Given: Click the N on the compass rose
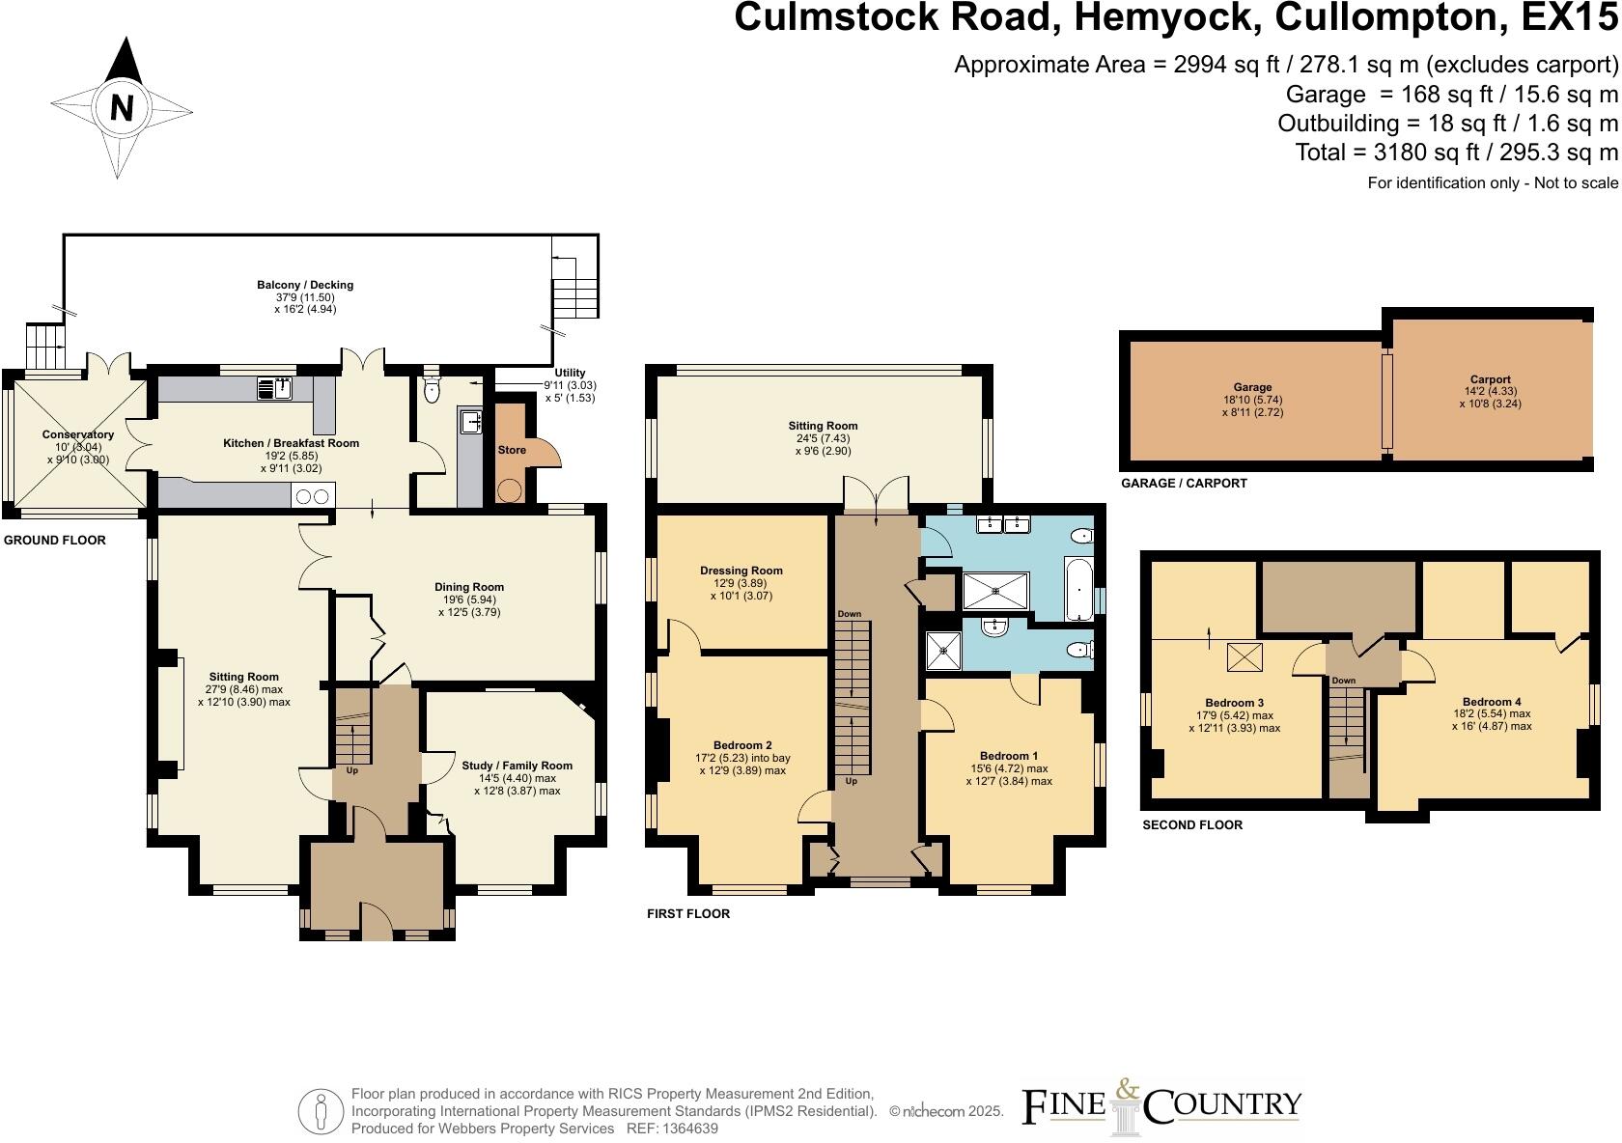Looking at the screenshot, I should pos(122,107).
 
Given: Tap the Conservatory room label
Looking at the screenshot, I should pos(78,434).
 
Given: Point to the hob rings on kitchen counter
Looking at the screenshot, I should pos(311,496).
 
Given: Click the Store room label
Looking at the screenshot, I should pos(512,450).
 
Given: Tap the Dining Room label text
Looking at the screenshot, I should pos(469,587).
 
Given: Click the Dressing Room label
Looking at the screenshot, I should pos(741,571).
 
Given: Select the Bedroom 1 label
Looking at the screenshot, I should pos(1009,756).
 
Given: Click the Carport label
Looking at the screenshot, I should pos(1491,379).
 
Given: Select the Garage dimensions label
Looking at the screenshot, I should pos(1252,404).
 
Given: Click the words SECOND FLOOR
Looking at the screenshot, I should pos(1191,825).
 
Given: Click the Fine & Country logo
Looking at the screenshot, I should pos(1161,1106).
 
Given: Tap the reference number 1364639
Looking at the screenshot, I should pos(685,1129).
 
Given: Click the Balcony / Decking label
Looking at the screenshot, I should pos(305,285).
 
